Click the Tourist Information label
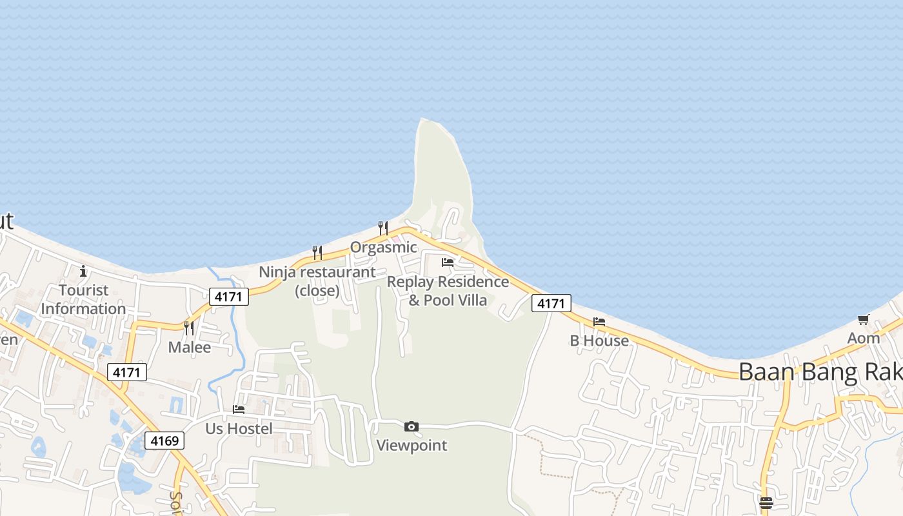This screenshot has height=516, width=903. pos(83,299)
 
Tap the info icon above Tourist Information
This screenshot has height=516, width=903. pos(83,271)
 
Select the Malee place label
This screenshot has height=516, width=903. pos(189,347)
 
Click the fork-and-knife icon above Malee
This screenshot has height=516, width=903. pos(189,328)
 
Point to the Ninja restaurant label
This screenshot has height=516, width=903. pos(317,281)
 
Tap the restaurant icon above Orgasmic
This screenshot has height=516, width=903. pos(383,228)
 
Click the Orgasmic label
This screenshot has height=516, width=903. pos(383,247)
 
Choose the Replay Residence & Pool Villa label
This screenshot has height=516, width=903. pos(448,291)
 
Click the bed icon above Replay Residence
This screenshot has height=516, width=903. pos(448,263)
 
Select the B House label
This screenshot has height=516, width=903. pos(599,341)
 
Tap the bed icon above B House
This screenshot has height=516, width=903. pos(599,322)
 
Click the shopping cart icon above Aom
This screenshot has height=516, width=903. pos(864,319)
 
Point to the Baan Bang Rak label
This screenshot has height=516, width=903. pos(819,372)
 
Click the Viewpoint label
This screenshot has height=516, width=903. pos(412,445)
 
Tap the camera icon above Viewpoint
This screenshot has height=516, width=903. pos(412,426)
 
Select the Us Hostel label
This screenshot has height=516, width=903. pos(239,428)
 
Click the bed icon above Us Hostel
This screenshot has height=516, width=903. pos(239,410)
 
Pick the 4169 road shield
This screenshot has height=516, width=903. pos(164,441)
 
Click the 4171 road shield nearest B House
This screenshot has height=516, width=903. pos(551,303)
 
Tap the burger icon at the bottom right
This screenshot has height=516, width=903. pos(766,503)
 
